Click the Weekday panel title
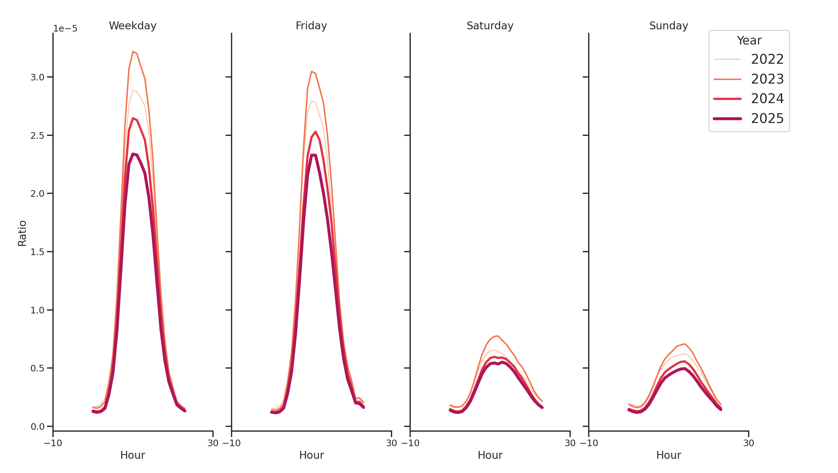coord(133,26)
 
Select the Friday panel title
coord(311,26)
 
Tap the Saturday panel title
coord(490,26)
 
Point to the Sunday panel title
coord(668,26)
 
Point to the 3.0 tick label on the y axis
coord(37,77)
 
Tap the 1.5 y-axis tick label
coord(37,252)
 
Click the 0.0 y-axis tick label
coord(37,427)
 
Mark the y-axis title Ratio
coord(22,233)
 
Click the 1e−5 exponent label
coord(65,29)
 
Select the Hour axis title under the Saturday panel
coord(490,455)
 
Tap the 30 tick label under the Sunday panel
coord(748,443)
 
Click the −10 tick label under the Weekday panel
coord(53,443)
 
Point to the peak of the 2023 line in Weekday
coord(133,52)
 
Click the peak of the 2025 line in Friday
coord(313,155)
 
